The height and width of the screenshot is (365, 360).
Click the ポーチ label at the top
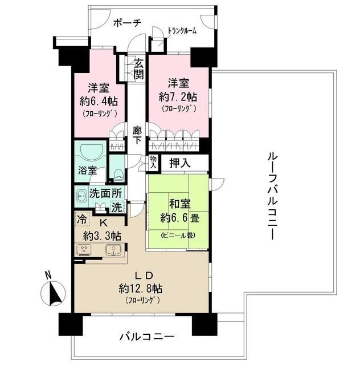127,23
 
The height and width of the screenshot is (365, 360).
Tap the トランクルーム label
181,31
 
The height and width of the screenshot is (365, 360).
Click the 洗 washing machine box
116,208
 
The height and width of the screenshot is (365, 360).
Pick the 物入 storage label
153,163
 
